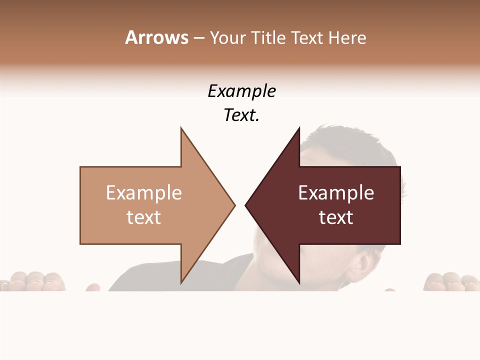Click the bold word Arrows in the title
[x=156, y=37]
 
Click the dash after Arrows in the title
[x=198, y=38]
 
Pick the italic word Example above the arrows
[x=241, y=91]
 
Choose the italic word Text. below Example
[x=241, y=115]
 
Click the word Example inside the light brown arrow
[x=143, y=193]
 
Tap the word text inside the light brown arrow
[x=143, y=217]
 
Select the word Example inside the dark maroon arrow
[x=336, y=193]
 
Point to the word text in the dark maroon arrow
[x=336, y=217]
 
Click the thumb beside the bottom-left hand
[x=92, y=287]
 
